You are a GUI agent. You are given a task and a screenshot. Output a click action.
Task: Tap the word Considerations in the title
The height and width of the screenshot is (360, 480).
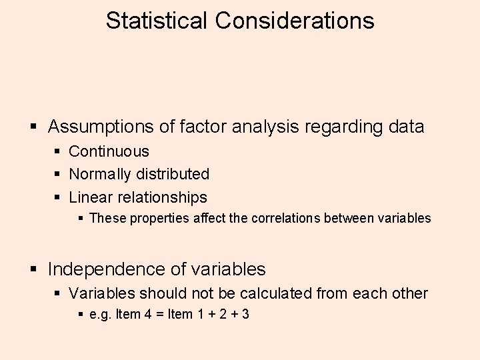pos(294,20)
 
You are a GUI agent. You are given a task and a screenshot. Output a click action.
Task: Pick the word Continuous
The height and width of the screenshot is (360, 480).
pos(109,152)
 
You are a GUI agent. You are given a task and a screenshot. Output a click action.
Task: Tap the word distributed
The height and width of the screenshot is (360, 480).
pos(173,175)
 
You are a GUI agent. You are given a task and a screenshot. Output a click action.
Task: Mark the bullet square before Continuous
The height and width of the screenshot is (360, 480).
pos(58,152)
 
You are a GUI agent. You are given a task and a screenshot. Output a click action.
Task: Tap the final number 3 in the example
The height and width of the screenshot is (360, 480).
pos(245,314)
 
